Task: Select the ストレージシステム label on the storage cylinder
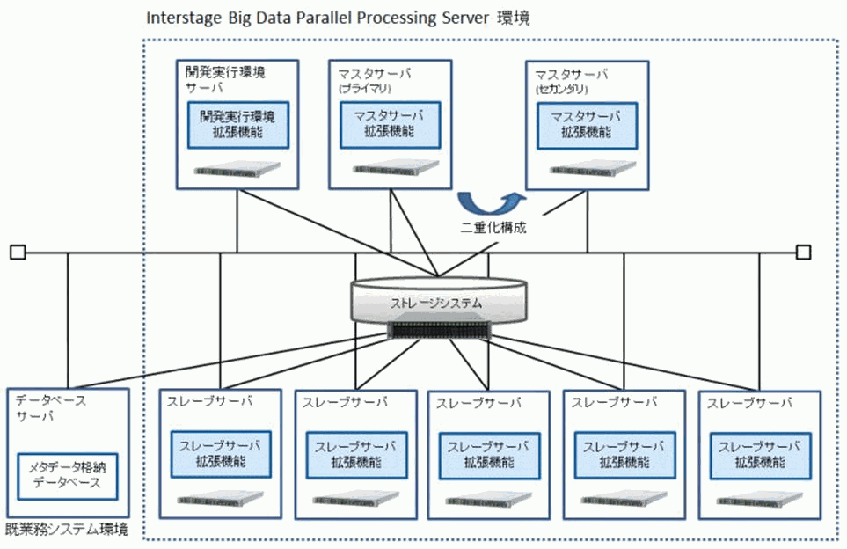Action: (x=436, y=303)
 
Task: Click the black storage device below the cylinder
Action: (x=436, y=330)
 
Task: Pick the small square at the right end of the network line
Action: (x=802, y=253)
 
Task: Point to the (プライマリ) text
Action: (x=362, y=89)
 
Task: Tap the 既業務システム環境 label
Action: (x=67, y=531)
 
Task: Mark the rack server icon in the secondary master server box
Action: (x=586, y=168)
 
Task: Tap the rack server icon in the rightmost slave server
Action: (x=761, y=500)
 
